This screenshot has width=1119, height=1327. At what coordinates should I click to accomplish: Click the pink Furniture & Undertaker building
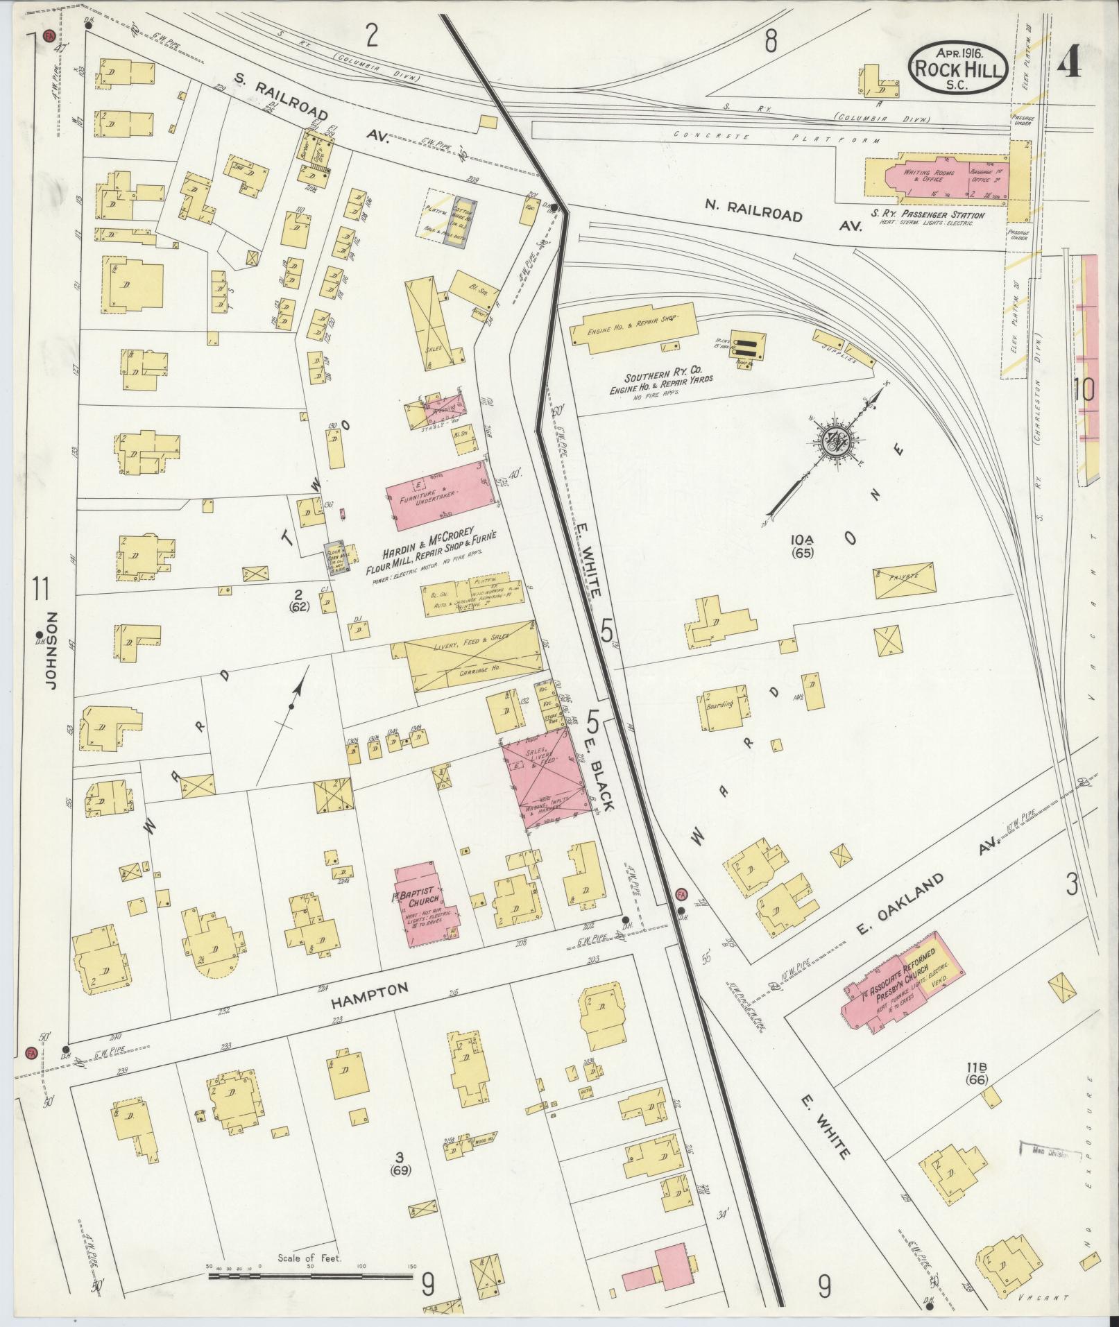[437, 495]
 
